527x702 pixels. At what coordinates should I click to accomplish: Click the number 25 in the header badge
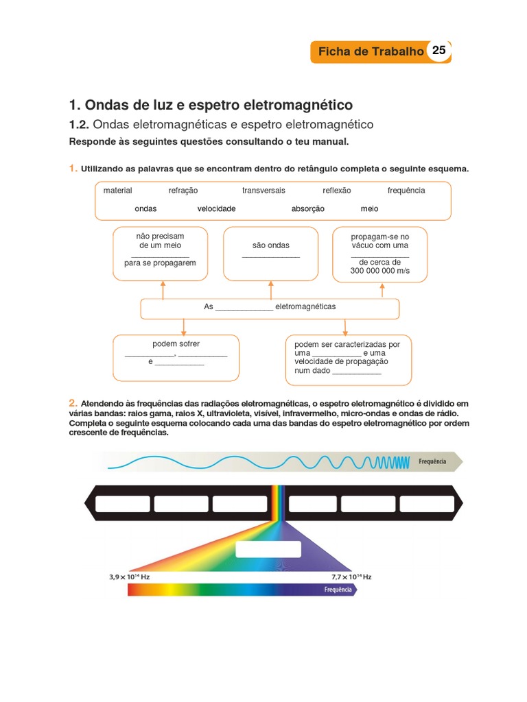pos(439,51)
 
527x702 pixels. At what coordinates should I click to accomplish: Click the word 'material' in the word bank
pos(117,191)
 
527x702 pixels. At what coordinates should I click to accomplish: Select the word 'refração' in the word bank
pos(183,191)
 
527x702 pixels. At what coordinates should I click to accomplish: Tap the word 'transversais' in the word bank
pos(263,191)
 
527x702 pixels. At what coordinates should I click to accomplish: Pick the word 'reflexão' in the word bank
pos(337,191)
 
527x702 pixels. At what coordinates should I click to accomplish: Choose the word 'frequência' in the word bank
pos(406,191)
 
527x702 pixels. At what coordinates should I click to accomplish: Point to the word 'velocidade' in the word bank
pos(216,208)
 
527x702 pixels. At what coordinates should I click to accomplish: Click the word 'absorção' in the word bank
pos(307,208)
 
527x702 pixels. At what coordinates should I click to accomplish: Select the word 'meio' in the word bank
pos(369,208)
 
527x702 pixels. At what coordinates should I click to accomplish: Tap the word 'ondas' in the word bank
pos(145,208)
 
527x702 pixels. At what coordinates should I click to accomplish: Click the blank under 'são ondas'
pos(270,256)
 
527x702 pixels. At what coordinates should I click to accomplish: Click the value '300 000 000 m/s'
pos(379,271)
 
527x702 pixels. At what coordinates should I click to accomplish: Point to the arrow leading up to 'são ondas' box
pos(270,290)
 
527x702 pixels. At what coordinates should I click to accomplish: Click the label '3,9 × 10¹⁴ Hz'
pos(129,577)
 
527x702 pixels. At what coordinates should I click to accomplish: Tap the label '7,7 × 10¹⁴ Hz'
pos(351,577)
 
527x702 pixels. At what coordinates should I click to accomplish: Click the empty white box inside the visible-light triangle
pos(268,550)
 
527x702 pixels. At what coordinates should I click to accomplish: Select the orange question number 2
pos(72,402)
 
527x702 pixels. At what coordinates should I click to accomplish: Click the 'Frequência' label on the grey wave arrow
pos(432,461)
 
